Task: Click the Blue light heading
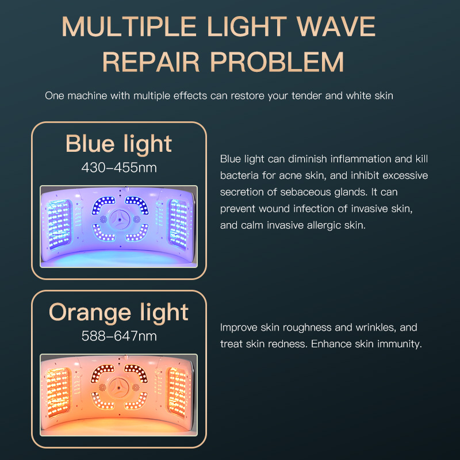pos(118,143)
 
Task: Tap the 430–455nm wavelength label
pos(118,167)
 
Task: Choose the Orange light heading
pos(118,312)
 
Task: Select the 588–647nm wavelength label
pos(118,336)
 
